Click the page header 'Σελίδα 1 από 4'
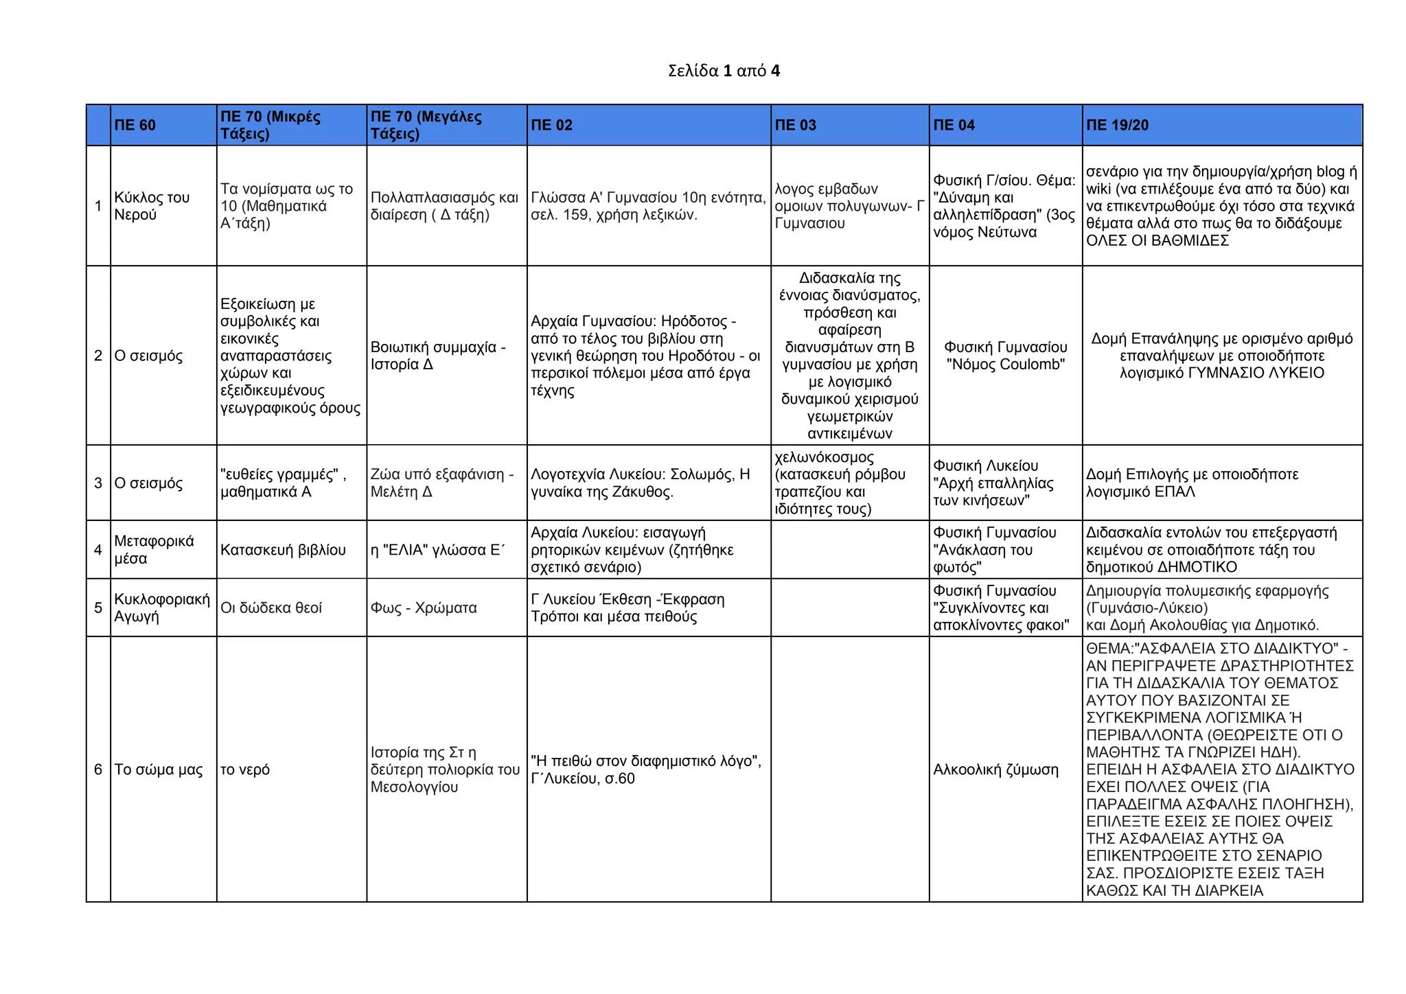(x=724, y=71)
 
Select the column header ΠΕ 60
(x=135, y=125)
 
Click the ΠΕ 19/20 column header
(x=1117, y=125)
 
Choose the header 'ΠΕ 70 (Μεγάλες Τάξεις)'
(x=426, y=125)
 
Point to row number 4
(x=98, y=550)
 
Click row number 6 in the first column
(x=98, y=770)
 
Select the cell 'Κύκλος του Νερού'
(x=152, y=206)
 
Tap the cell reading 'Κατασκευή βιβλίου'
(x=283, y=550)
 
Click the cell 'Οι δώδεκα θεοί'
(x=271, y=608)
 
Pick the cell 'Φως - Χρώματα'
(x=424, y=608)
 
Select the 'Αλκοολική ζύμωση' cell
(x=995, y=770)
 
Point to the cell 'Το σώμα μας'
(x=159, y=770)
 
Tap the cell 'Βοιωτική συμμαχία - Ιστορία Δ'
(x=438, y=356)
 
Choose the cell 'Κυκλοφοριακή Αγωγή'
(x=161, y=608)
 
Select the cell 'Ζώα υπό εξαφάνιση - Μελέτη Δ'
(x=441, y=483)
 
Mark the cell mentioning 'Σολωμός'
(x=640, y=483)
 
